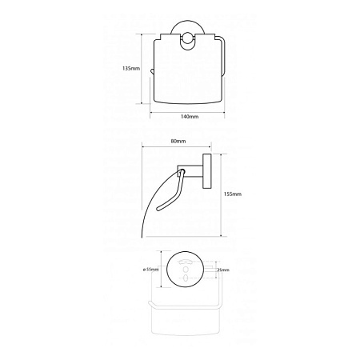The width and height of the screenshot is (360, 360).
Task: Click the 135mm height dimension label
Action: point(131,68)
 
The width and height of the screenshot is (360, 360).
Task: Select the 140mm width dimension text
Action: point(190,117)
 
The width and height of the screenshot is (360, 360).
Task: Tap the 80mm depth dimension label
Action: point(178,141)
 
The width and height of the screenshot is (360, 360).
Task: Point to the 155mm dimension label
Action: point(233,194)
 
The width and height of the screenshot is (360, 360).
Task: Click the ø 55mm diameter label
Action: point(150,270)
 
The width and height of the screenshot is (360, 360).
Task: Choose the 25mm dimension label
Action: point(223,270)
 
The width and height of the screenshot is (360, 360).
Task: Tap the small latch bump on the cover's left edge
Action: point(152,71)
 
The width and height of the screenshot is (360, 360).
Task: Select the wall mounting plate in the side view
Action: point(207,171)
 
